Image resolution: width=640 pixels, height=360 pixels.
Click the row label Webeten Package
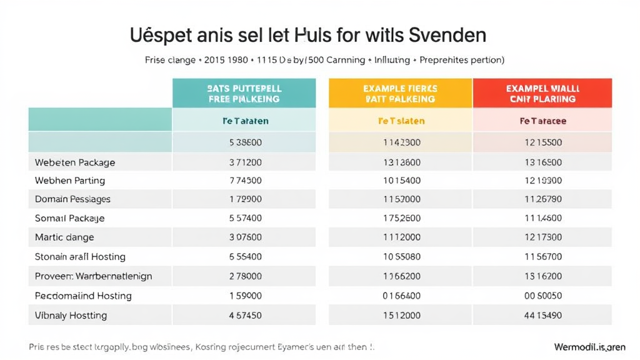[x=75, y=162]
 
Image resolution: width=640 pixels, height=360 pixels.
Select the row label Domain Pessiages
[x=72, y=199]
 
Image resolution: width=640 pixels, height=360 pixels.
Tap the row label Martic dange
[x=64, y=237]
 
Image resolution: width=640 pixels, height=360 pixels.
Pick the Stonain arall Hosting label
[x=80, y=257]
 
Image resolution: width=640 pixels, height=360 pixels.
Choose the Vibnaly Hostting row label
[x=71, y=315]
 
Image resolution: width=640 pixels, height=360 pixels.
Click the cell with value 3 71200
[x=246, y=162]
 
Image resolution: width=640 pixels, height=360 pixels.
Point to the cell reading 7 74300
[x=246, y=181]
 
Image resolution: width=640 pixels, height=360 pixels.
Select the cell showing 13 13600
[x=401, y=162]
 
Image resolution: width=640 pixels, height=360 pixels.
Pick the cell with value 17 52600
[x=401, y=219]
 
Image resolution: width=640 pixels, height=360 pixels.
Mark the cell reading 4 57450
[x=246, y=315]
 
